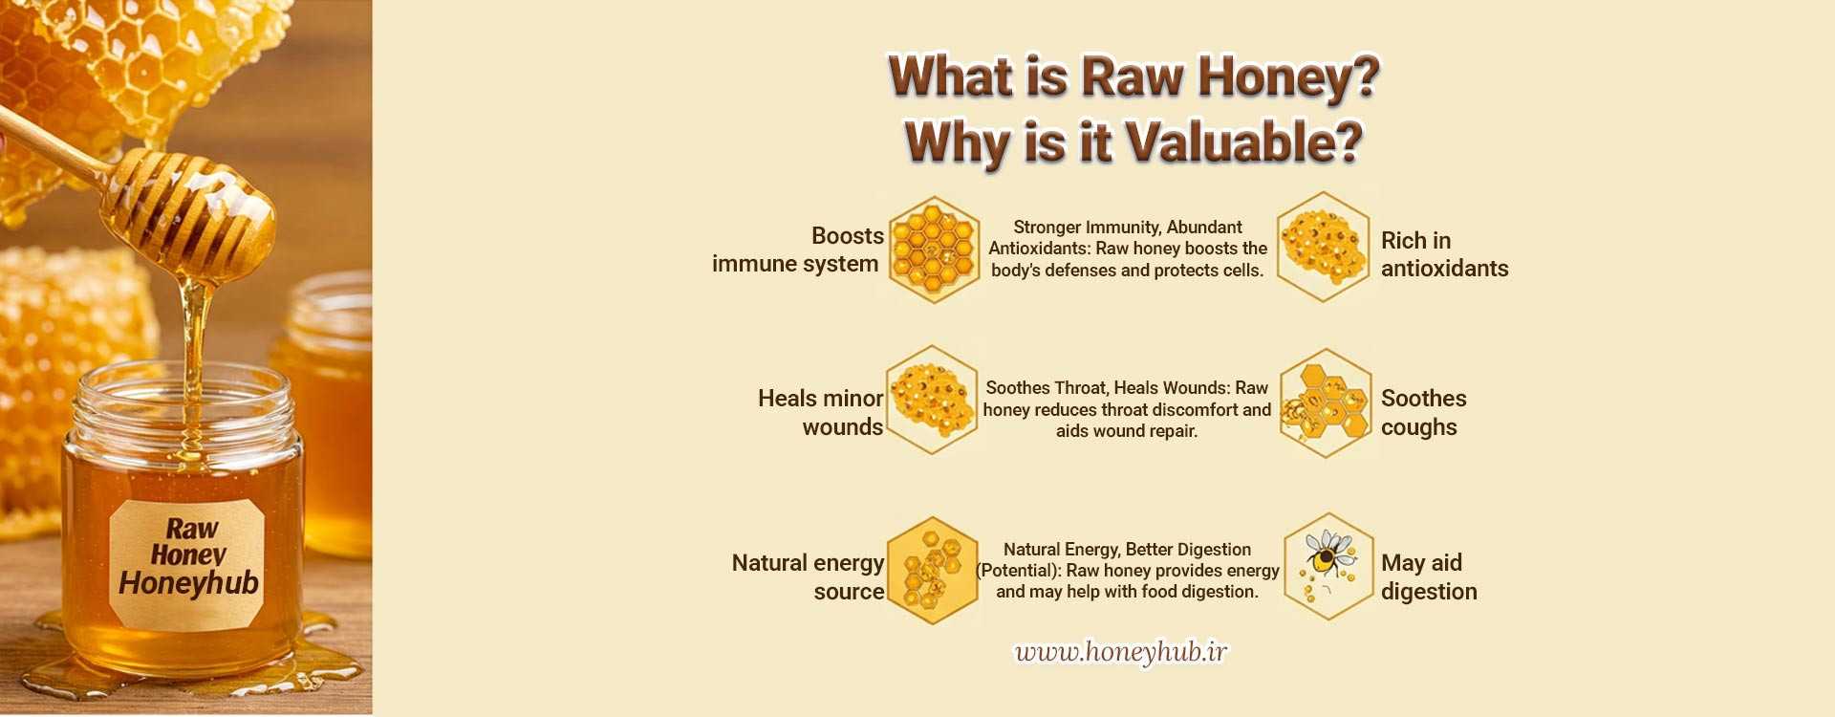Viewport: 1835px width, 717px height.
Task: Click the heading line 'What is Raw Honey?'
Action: click(x=1133, y=76)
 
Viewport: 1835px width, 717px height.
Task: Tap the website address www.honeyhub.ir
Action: click(x=1121, y=652)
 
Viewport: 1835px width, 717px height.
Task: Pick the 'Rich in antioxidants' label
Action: click(x=1444, y=254)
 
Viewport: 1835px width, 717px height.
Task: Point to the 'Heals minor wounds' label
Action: click(x=820, y=412)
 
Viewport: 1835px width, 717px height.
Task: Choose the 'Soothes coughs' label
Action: click(x=1423, y=412)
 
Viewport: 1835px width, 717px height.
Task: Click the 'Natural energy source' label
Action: click(x=808, y=576)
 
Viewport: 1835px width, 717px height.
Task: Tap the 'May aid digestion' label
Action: click(x=1429, y=576)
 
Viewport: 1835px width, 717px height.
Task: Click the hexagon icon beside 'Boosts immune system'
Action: click(x=934, y=250)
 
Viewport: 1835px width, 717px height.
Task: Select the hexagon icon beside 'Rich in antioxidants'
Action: click(x=1324, y=247)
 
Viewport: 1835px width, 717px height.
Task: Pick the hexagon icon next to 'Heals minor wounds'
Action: click(x=932, y=400)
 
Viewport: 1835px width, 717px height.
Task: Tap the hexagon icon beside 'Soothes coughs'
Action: click(x=1325, y=402)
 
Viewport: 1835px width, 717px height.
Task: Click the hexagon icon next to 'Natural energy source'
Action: click(x=932, y=571)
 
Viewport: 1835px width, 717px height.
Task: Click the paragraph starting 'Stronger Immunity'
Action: click(x=1128, y=249)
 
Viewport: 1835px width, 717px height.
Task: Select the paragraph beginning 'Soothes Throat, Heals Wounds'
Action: click(x=1127, y=409)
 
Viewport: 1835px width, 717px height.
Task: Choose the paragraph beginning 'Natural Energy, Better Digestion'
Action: click(x=1128, y=571)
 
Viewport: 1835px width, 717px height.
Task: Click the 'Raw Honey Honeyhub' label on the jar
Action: click(x=188, y=556)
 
